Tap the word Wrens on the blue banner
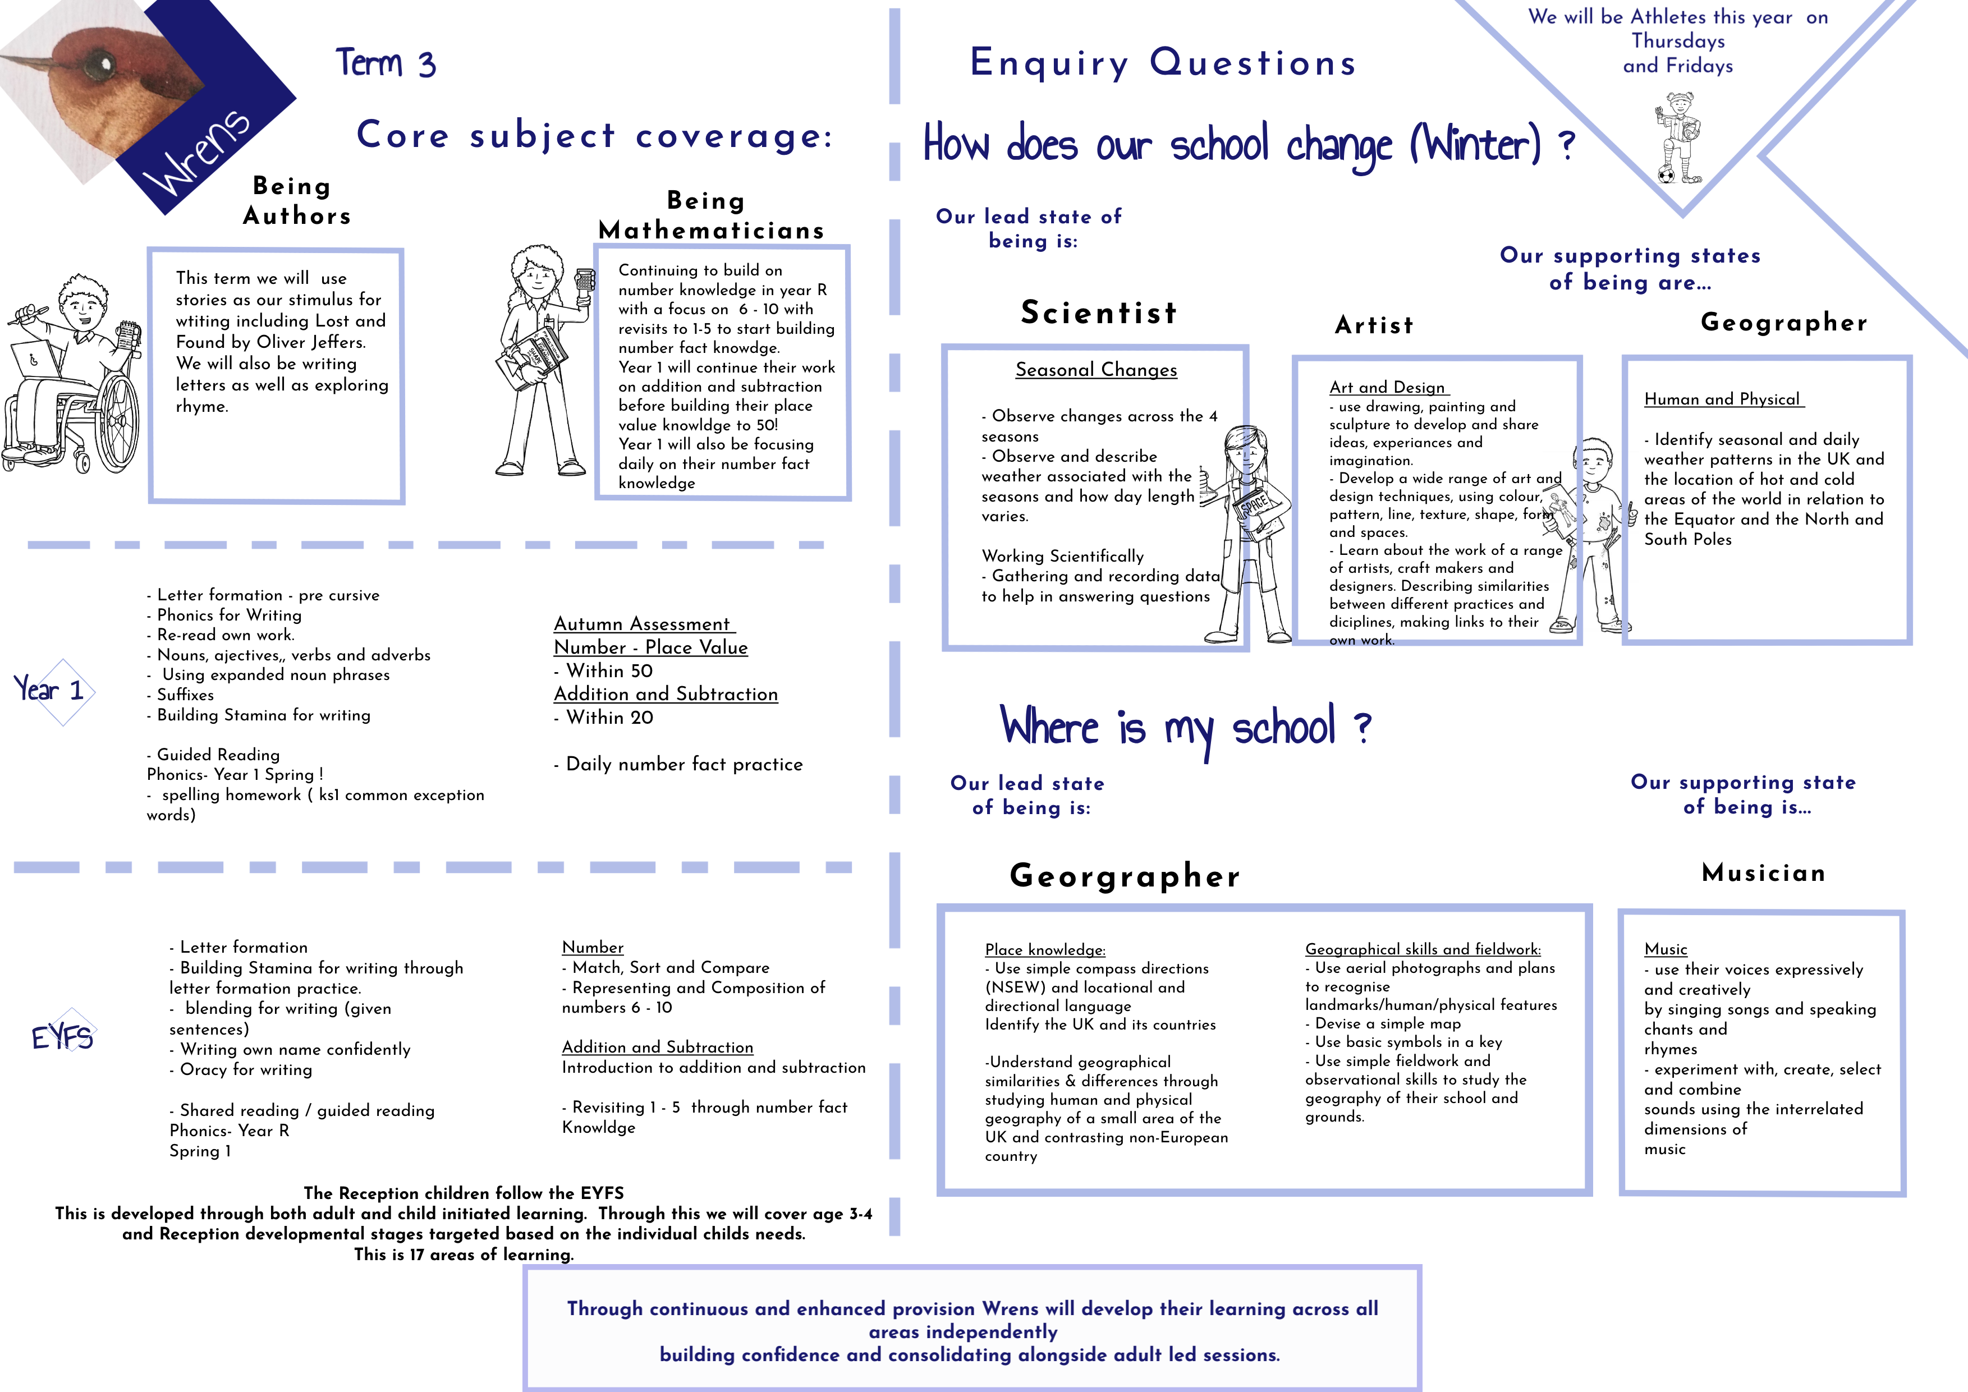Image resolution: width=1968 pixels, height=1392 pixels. click(197, 153)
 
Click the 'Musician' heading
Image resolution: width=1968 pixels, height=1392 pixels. click(1763, 872)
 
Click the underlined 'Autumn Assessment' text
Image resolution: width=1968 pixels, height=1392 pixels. click(644, 624)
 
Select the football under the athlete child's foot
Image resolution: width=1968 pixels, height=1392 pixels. click(1666, 175)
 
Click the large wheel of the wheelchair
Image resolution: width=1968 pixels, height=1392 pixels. click(115, 424)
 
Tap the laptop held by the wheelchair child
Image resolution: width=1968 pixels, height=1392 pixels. click(36, 360)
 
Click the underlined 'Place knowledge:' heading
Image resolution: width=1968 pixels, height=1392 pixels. click(1045, 950)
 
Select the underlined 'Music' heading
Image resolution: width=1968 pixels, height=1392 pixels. click(1666, 949)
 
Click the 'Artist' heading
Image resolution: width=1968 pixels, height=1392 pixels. click(1374, 325)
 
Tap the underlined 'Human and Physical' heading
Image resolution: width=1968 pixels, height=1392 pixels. click(1722, 399)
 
